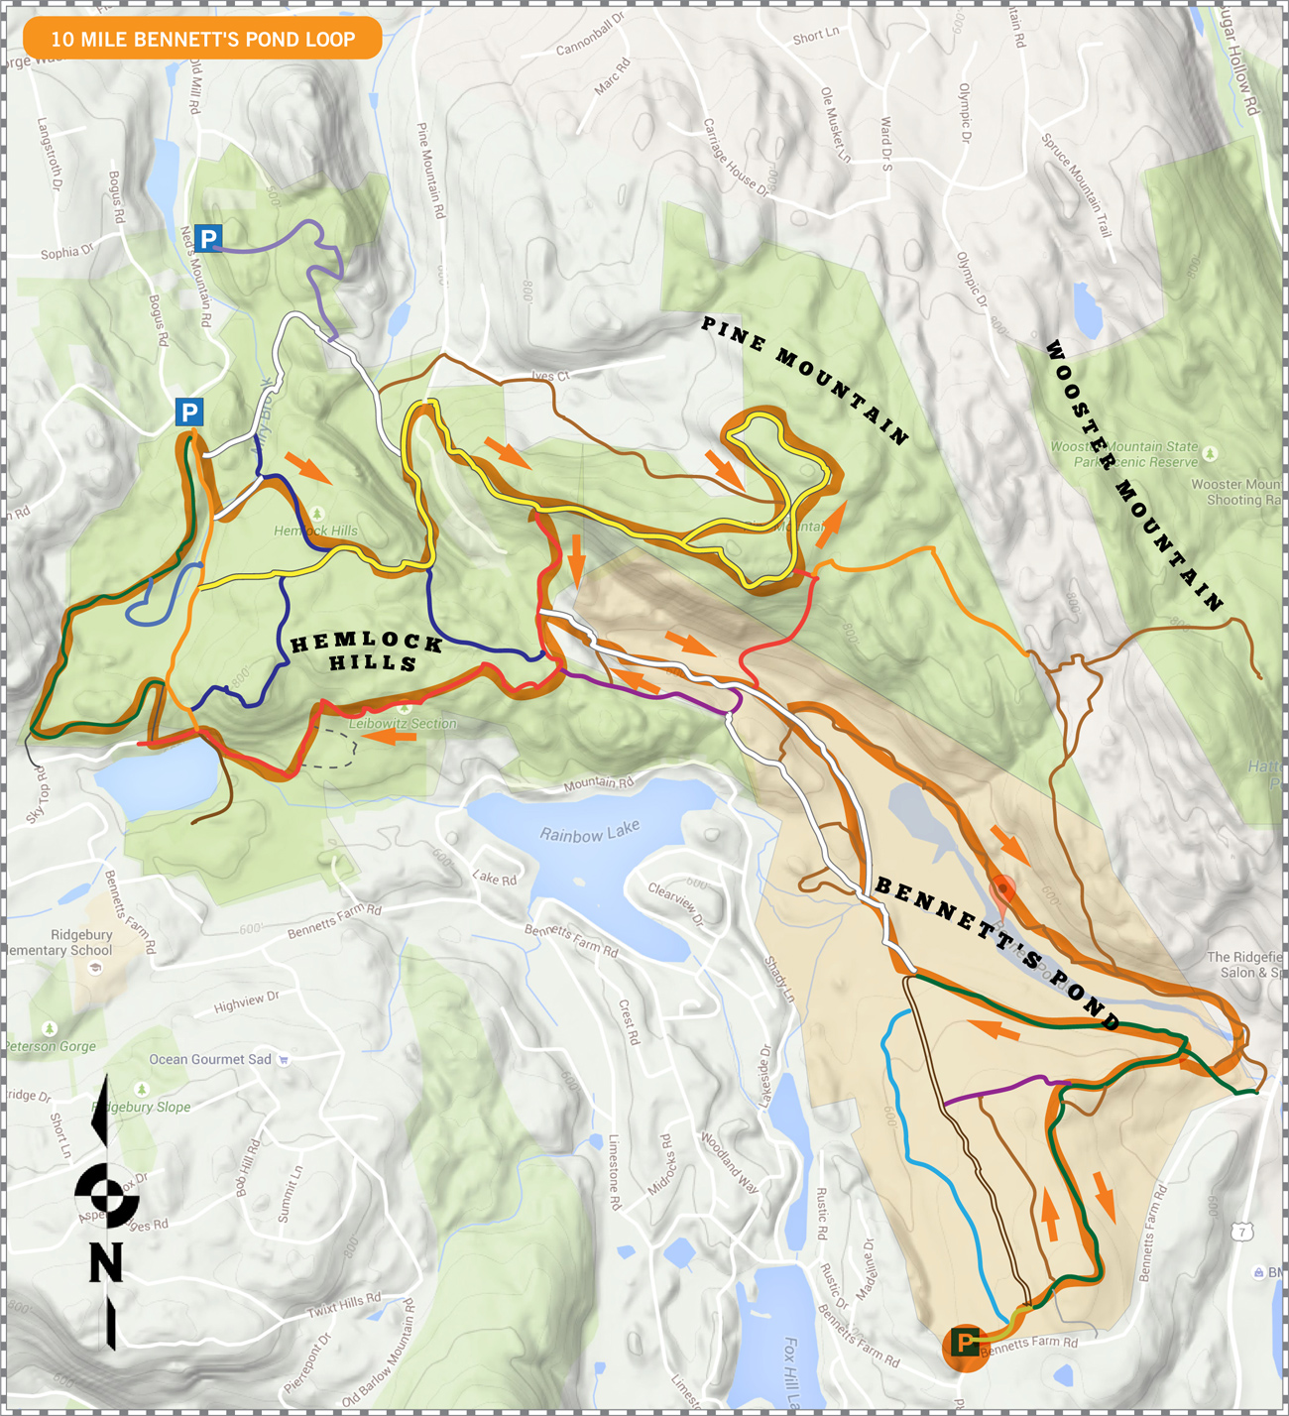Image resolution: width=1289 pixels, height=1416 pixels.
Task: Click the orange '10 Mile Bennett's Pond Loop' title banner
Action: (202, 39)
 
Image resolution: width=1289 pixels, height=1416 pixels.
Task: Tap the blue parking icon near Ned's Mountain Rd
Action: (207, 238)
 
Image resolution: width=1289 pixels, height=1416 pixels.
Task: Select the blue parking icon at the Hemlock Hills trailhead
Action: (189, 412)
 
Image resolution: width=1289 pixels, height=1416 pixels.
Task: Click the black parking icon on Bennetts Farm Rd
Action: (965, 1343)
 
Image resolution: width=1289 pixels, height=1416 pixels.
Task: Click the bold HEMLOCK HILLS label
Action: (367, 652)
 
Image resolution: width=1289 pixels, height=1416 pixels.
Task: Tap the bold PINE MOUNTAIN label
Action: (804, 380)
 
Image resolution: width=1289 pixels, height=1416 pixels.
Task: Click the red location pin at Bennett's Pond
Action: (1003, 894)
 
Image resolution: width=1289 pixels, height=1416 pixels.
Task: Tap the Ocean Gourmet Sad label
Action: (209, 1059)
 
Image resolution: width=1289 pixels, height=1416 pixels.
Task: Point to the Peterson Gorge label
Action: (52, 1045)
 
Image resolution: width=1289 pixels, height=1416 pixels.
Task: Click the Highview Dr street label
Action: (247, 1003)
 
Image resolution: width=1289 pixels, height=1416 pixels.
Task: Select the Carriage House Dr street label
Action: (736, 157)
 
